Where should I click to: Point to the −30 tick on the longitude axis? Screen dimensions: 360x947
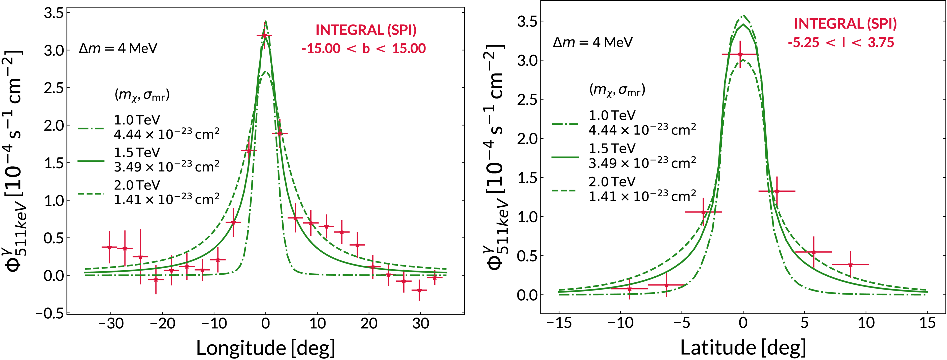(111, 324)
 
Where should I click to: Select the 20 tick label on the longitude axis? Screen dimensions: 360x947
(369, 324)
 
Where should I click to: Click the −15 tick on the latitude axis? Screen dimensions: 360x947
(559, 323)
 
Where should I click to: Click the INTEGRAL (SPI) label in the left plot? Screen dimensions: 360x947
(366, 30)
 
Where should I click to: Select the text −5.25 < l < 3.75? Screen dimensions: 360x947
(841, 43)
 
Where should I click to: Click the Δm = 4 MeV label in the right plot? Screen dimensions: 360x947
(593, 42)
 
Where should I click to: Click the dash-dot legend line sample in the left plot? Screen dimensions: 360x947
(91, 128)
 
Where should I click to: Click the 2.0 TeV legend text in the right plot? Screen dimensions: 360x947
(612, 182)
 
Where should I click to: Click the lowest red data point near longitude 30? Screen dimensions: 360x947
(419, 290)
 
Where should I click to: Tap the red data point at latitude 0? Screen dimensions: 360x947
(740, 54)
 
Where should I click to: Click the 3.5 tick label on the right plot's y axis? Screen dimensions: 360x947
(527, 22)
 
